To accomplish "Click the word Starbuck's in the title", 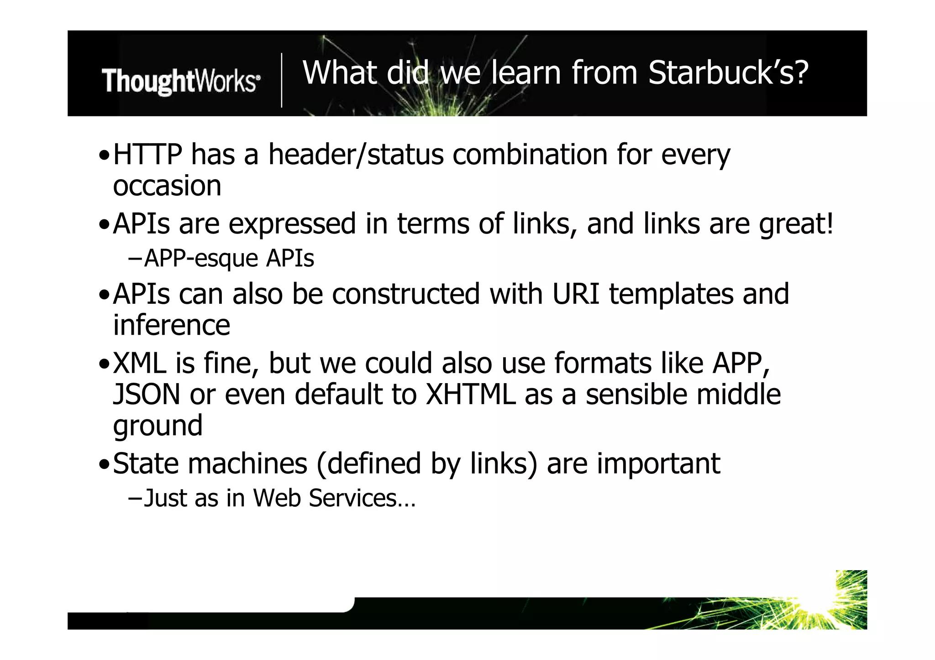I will point(728,73).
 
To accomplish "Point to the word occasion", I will point(167,186).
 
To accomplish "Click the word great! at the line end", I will point(796,224).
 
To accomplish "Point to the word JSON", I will point(147,395).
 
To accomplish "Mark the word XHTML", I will point(470,395).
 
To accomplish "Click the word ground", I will point(158,426).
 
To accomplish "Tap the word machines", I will point(247,464).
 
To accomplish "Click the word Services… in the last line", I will point(362,498).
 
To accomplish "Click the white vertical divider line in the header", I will point(282,80).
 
